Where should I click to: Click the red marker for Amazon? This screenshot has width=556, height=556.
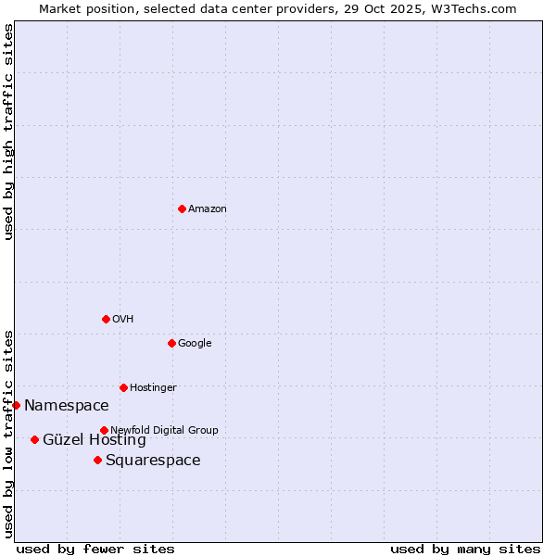182,208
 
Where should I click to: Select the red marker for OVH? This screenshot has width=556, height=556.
106,319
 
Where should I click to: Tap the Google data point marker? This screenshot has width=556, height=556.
171,343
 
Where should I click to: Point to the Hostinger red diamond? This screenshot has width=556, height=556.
123,387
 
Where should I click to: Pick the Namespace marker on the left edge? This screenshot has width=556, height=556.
16,405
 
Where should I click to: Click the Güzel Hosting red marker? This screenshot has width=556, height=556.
34,439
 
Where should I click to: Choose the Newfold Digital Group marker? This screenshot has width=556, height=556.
104,430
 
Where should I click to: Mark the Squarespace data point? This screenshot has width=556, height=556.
97,460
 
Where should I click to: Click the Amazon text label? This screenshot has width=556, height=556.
207,208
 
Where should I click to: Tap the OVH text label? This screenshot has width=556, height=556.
123,319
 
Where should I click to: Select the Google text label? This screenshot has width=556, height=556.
195,343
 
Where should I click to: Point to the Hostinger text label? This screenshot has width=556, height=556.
153,387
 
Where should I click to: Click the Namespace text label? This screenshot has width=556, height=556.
66,405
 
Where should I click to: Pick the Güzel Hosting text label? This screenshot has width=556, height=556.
94,440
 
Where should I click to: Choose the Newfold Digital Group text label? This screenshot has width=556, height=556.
164,430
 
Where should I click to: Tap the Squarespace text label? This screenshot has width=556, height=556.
153,461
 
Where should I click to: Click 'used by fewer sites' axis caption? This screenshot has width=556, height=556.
95,549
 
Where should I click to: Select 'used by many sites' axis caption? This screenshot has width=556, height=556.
465,549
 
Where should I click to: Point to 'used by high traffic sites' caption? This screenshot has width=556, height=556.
8,132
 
